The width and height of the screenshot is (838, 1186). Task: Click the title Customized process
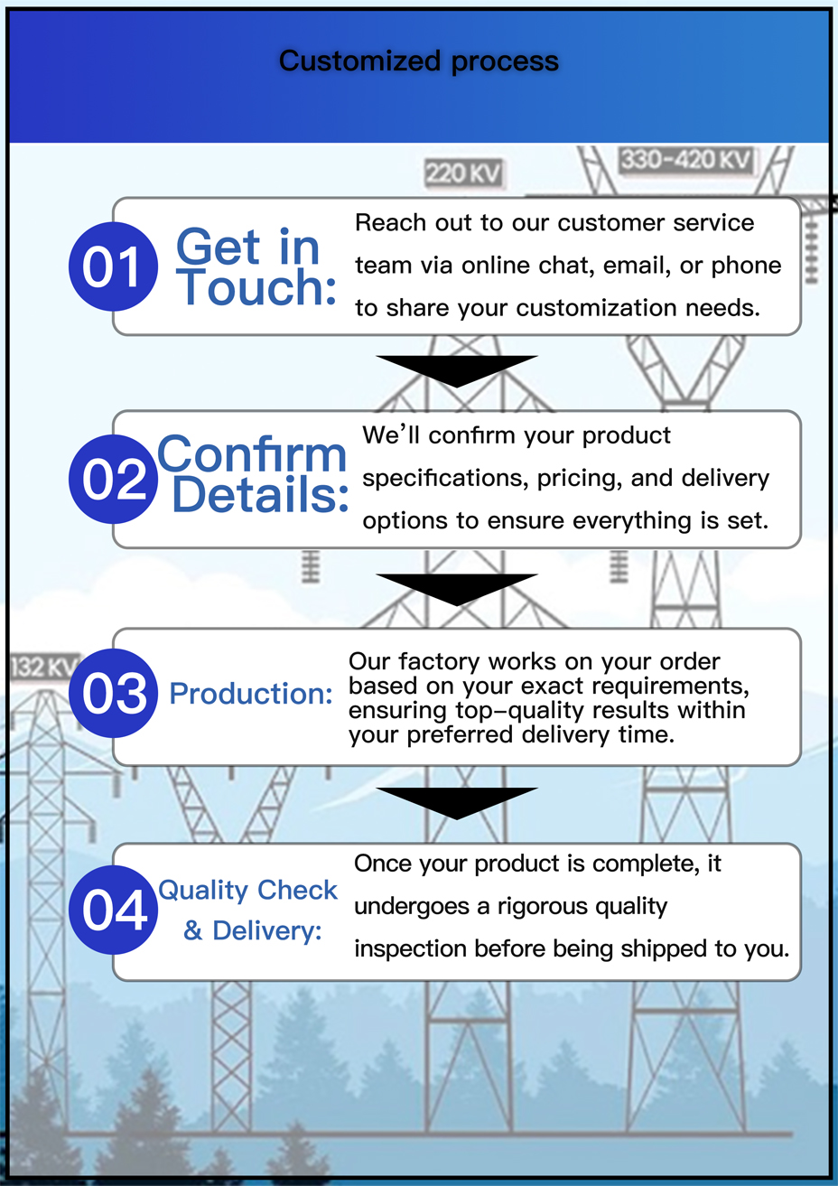418,61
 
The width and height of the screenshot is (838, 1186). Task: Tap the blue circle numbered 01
113,267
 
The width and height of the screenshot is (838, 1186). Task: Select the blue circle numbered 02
113,480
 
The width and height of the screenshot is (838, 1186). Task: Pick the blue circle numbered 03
113,694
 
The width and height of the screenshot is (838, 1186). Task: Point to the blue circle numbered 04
113,910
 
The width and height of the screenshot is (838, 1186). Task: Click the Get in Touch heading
253,267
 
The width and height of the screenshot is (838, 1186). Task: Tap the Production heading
251,694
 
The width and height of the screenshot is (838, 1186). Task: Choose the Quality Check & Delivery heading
248,910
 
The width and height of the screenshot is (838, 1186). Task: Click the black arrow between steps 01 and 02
457,369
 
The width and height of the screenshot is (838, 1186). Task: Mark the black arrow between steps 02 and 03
457,588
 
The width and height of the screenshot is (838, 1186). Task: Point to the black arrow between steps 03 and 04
457,801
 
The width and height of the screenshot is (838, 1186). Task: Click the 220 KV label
463,173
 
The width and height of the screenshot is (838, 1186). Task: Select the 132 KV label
43,667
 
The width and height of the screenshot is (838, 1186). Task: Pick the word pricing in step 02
575,478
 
